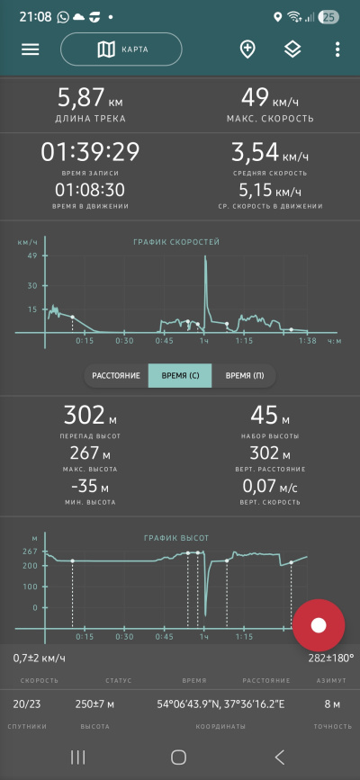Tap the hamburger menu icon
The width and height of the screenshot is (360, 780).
coord(30,49)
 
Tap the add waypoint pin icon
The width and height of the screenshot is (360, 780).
coord(247,49)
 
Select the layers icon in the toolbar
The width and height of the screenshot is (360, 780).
coord(292,49)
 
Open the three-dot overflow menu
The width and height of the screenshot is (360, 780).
coord(337,49)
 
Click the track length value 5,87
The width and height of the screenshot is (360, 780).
coord(82,97)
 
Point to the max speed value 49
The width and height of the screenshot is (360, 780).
coord(255,97)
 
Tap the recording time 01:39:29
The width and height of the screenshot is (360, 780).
coord(90,152)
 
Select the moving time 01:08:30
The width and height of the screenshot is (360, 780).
coord(90,190)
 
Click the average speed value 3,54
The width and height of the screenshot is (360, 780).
coord(255,152)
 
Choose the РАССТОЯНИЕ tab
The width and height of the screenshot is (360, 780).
coord(116,375)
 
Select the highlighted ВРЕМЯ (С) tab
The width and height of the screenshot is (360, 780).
coord(180,375)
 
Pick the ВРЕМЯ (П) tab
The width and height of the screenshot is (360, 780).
coord(244,375)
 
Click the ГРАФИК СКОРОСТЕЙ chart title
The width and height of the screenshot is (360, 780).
coord(176,242)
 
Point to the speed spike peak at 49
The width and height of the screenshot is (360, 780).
coord(204,256)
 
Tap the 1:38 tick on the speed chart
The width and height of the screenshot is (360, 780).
coord(308,341)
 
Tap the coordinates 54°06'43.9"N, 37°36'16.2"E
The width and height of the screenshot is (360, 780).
coord(220,704)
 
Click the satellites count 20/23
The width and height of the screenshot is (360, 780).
coord(27,704)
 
